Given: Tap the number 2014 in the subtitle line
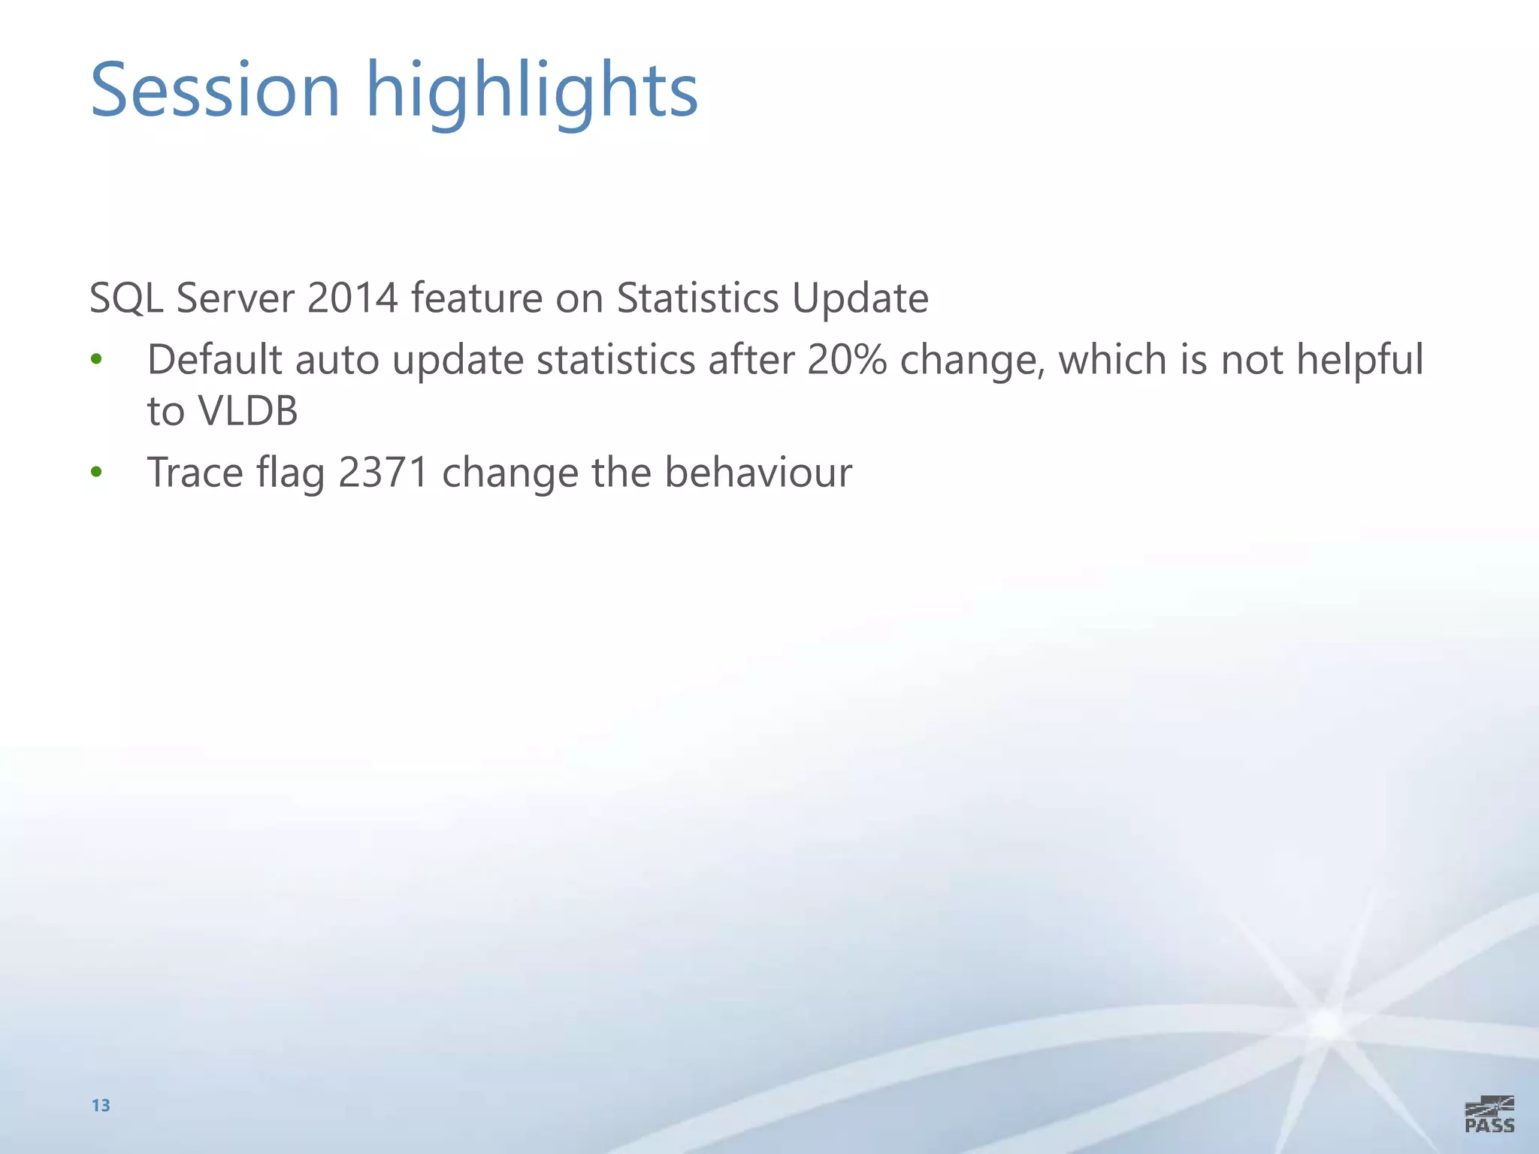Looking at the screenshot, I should [352, 298].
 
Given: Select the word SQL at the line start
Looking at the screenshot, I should [126, 299].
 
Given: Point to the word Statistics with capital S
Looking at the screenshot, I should [697, 298].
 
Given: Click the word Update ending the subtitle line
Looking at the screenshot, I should [860, 299].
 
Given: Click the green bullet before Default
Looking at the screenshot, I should [96, 360].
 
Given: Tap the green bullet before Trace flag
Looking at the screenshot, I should [96, 473].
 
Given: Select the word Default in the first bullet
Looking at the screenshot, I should [214, 359].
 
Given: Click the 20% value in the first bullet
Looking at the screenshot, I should [847, 359].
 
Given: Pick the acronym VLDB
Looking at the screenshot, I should [248, 411].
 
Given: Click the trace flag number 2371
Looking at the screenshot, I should [383, 473].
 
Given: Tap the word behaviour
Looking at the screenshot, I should [758, 473].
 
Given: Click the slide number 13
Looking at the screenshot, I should [101, 1105].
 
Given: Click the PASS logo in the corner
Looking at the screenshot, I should [1489, 1114].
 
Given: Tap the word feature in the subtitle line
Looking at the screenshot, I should [476, 298].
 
